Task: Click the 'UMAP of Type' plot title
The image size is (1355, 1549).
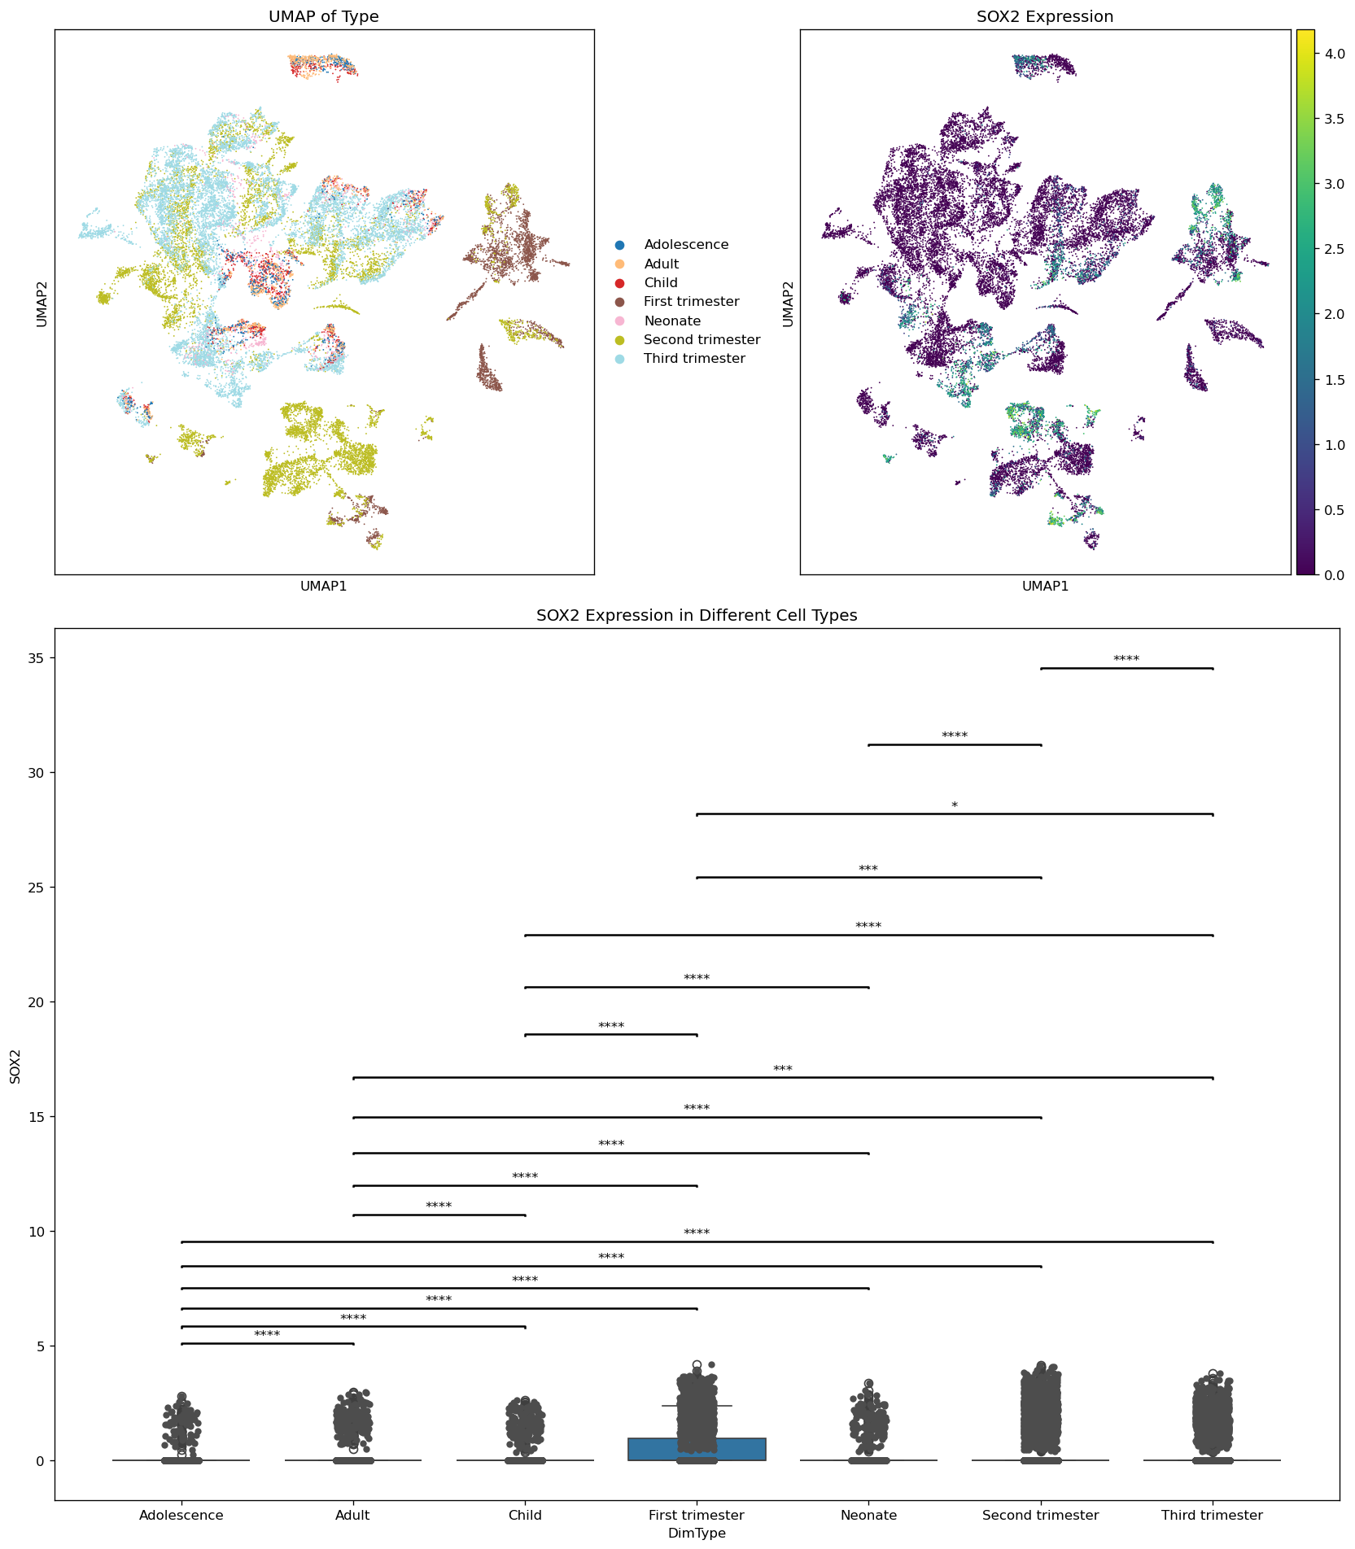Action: [323, 17]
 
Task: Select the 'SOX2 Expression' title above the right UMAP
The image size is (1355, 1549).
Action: [1045, 17]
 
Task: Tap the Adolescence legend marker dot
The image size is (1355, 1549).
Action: [620, 245]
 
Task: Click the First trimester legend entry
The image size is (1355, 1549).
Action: [691, 302]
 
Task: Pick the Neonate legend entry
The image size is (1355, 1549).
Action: [671, 321]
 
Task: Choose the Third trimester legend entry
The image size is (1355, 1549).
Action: [693, 359]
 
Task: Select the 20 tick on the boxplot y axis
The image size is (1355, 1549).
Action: [37, 1002]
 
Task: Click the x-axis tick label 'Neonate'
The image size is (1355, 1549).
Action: [869, 1516]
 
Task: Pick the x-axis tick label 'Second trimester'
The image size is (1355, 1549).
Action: [1040, 1516]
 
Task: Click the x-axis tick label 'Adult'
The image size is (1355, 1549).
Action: [352, 1516]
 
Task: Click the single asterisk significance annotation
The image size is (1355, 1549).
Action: [955, 806]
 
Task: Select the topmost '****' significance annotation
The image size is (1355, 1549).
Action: [1126, 660]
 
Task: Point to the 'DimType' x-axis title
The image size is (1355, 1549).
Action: [697, 1534]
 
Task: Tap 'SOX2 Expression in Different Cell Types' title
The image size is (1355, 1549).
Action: [697, 616]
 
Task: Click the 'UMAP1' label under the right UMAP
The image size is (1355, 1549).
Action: [1045, 586]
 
